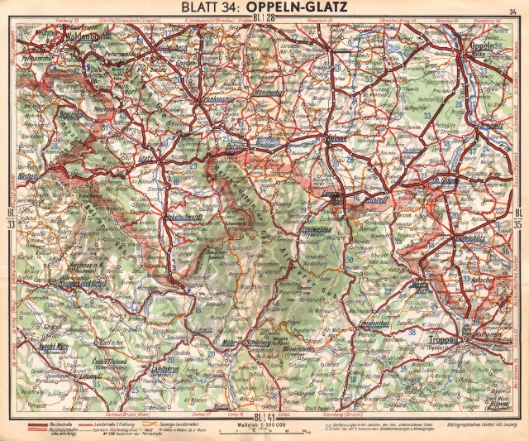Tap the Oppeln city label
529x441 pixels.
click(483, 46)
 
